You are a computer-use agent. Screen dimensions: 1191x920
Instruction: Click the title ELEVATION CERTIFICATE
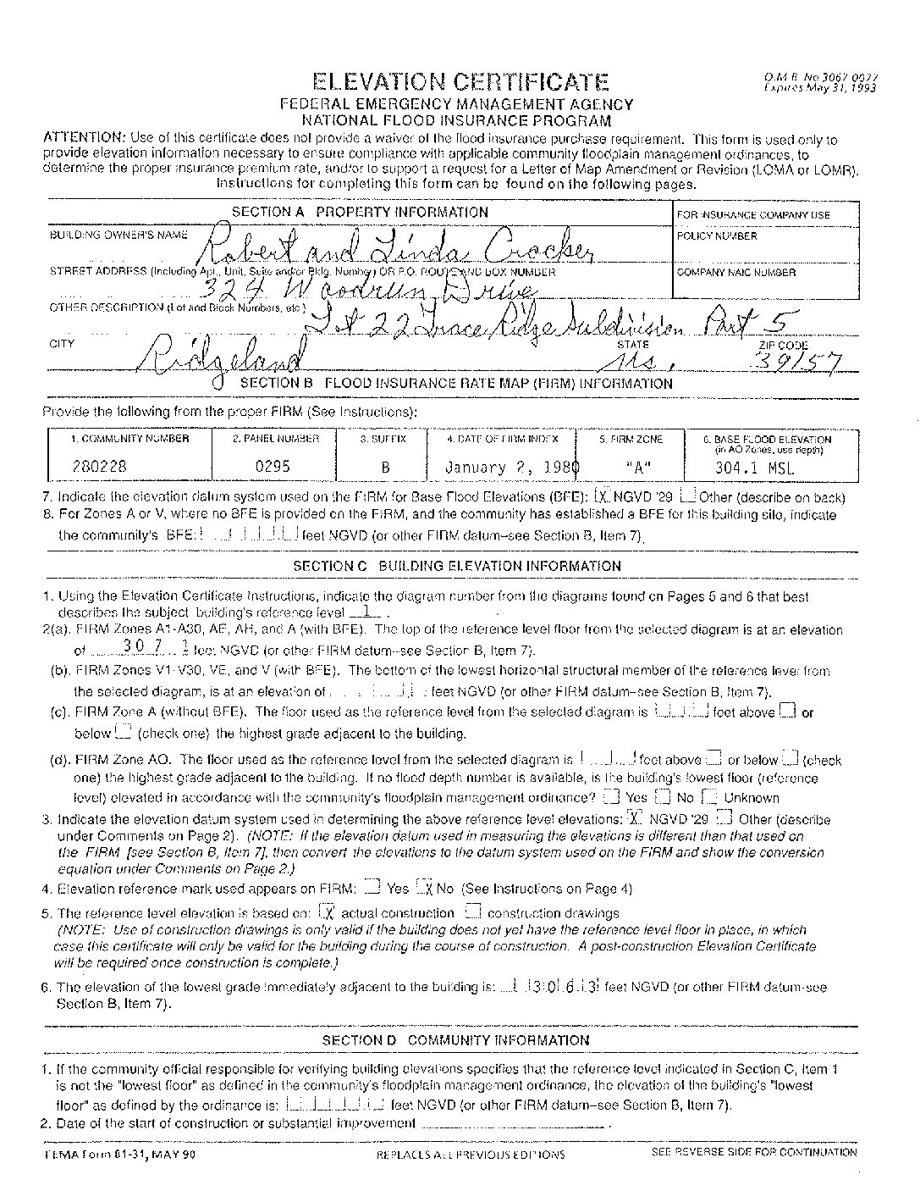tap(460, 81)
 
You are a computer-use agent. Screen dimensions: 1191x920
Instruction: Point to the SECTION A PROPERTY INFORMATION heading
tap(360, 212)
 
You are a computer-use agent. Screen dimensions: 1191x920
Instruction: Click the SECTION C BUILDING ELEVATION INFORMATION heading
tap(456, 566)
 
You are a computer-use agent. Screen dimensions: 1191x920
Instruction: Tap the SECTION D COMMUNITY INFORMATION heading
tap(456, 1040)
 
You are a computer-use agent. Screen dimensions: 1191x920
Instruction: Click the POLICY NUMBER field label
tap(717, 236)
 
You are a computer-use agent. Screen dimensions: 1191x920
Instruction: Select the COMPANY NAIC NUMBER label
tap(736, 273)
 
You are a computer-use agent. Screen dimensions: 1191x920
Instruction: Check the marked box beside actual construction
tap(328, 913)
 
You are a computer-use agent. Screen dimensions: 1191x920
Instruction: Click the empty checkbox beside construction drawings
tap(473, 912)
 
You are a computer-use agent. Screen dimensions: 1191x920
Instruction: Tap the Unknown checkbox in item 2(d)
tap(710, 797)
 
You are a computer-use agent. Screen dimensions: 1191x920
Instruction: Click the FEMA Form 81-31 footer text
tap(118, 1153)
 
